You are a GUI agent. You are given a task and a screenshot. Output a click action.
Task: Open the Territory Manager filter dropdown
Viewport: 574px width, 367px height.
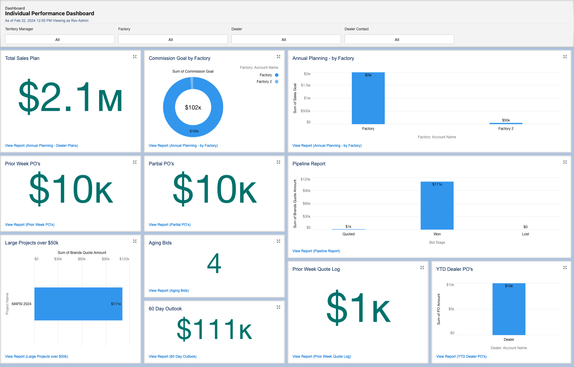tap(60, 39)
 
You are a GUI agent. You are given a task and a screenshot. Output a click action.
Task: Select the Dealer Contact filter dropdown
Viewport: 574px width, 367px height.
tap(399, 39)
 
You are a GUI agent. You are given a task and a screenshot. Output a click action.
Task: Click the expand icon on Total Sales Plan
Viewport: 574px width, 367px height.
tap(135, 57)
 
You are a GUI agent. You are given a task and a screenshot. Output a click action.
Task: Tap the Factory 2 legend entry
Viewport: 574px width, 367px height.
tap(264, 81)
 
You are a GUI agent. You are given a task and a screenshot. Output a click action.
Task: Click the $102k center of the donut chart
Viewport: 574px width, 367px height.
tap(193, 107)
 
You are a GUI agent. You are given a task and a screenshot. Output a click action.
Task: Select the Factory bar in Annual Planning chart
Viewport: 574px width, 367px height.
tap(368, 99)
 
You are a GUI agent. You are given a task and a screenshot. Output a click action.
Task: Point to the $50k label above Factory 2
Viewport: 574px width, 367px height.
tap(506, 120)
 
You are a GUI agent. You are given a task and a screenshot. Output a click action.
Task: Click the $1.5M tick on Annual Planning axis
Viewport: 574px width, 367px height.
tap(305, 85)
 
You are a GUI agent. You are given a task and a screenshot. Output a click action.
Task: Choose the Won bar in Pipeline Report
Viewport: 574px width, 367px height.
tap(437, 207)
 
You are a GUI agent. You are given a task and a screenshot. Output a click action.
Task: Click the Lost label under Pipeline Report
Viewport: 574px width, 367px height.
tap(525, 234)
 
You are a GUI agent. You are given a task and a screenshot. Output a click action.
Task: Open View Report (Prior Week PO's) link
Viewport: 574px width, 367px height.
tap(30, 225)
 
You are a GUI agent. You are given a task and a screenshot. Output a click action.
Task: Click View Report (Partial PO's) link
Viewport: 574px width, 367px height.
tap(169, 225)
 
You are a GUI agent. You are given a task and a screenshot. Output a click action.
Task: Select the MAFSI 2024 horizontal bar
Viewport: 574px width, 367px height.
tap(78, 304)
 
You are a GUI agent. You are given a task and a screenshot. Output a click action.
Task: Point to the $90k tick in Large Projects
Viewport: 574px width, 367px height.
tap(105, 259)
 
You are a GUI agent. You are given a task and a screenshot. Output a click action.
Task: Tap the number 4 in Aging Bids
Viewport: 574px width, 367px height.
tap(214, 263)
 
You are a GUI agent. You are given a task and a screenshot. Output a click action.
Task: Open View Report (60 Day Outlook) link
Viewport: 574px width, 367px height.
tap(172, 357)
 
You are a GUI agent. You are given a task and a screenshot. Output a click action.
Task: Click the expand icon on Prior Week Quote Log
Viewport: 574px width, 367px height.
tap(422, 268)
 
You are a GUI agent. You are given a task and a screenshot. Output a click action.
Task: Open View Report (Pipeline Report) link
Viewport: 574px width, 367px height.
tap(316, 251)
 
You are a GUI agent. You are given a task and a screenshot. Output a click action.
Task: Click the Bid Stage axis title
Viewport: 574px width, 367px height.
tap(437, 242)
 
